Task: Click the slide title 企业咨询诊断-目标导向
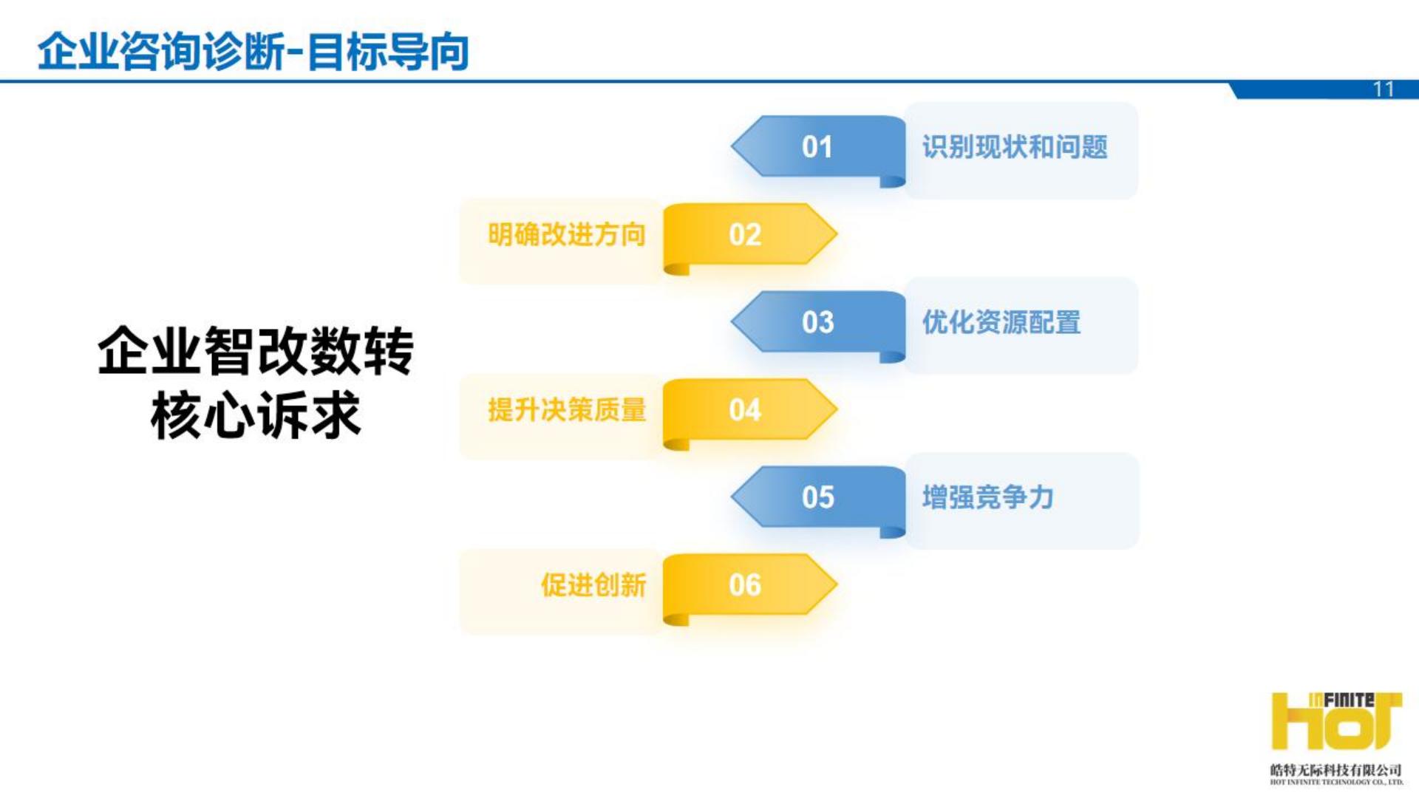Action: coord(253,52)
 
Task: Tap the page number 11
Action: coord(1383,89)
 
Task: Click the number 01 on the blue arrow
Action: coord(817,147)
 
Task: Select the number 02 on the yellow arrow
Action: coord(744,235)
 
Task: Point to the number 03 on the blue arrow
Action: coord(817,322)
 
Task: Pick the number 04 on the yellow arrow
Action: coord(744,410)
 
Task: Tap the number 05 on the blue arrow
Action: coord(817,497)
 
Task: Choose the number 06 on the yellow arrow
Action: coord(744,585)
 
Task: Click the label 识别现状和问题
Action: coord(1015,147)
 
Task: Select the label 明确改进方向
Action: coord(567,235)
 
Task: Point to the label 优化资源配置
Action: coord(1001,322)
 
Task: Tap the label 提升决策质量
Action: coord(567,410)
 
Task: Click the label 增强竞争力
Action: coord(987,497)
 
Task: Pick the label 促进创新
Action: coord(593,585)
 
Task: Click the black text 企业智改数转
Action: coord(256,351)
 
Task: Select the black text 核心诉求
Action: coord(256,415)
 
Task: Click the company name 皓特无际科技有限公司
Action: coord(1335,770)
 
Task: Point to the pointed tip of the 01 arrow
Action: coord(734,146)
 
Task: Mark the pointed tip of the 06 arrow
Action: coord(835,584)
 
